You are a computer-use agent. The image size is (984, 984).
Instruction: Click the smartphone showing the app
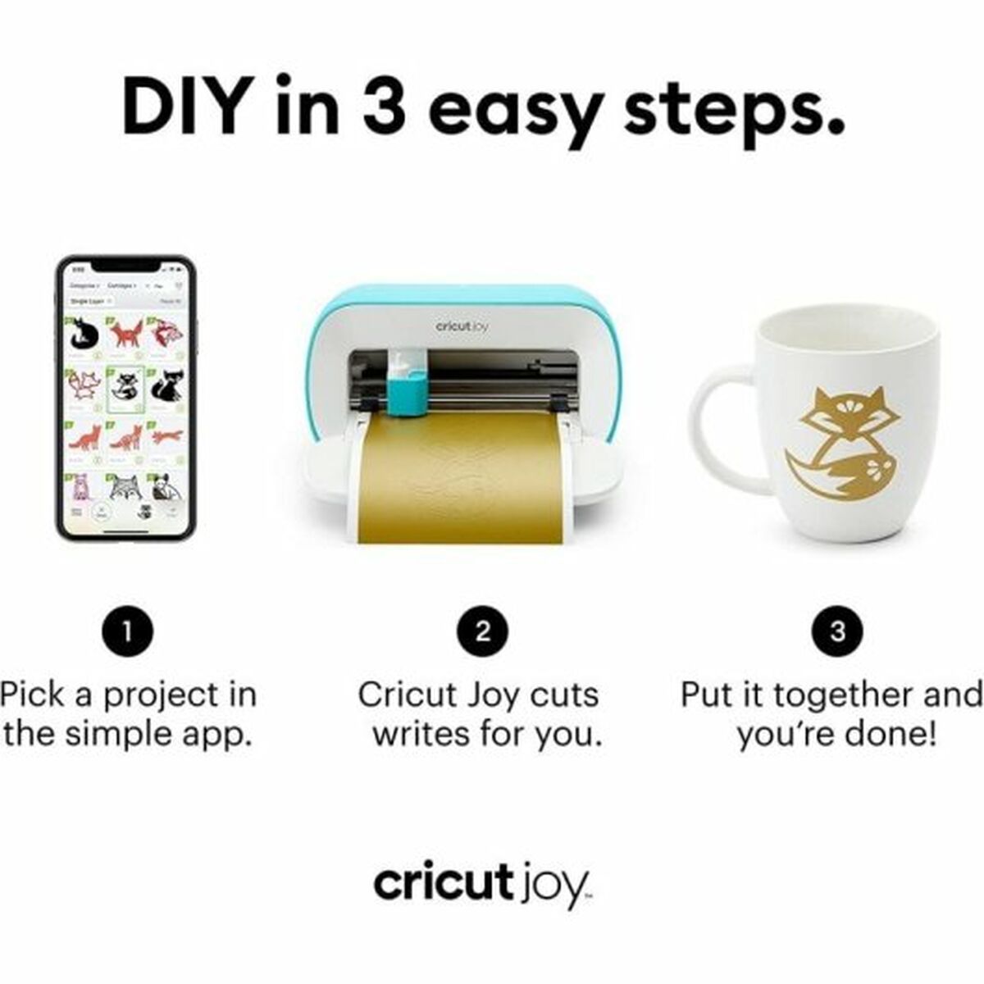[125, 398]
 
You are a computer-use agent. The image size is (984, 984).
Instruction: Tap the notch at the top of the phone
[125, 267]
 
